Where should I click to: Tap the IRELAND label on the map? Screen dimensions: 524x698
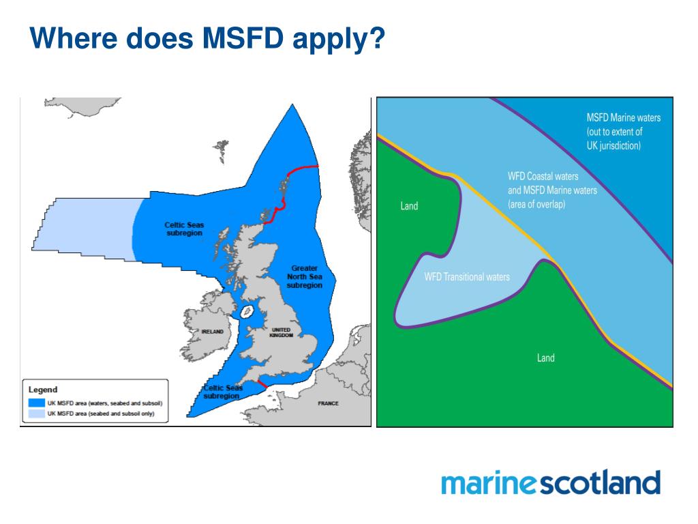point(212,332)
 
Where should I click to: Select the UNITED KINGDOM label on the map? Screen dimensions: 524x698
point(282,332)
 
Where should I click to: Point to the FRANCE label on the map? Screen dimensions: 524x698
point(328,403)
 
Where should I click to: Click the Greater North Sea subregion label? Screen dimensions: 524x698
point(303,277)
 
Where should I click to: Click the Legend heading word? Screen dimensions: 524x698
point(43,390)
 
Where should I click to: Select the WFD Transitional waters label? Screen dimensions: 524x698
point(467,277)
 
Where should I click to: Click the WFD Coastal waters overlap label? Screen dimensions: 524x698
point(552,190)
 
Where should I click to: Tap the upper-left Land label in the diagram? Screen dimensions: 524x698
point(409,206)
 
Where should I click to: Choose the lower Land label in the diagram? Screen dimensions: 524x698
point(545,358)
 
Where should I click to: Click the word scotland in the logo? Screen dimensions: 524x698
point(600,483)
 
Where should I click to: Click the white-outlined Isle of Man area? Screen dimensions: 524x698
point(247,312)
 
